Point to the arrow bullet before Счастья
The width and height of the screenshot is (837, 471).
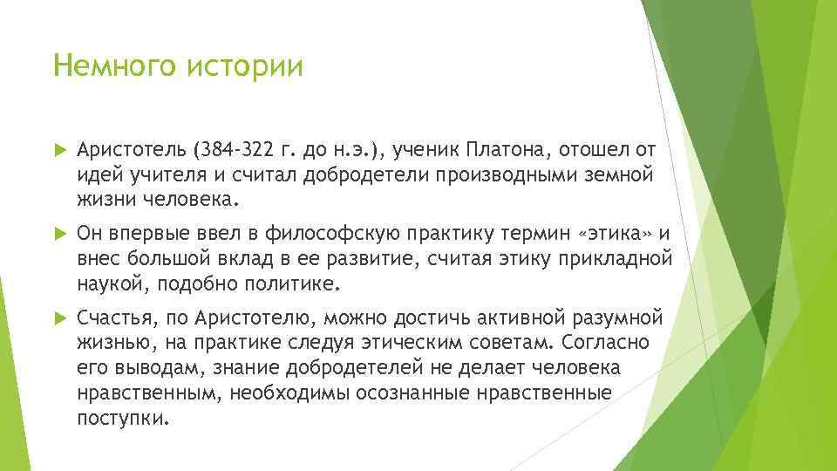59,316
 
